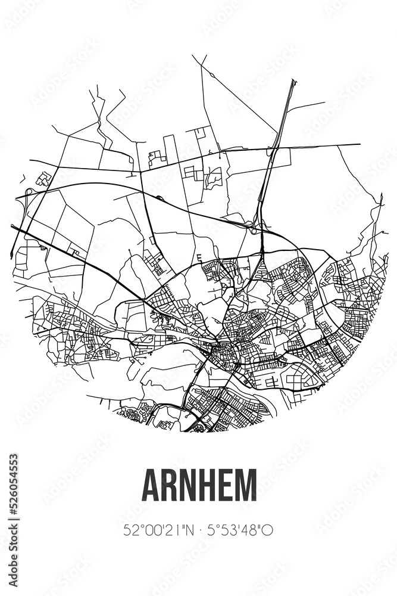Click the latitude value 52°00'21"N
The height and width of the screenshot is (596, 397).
click(154, 530)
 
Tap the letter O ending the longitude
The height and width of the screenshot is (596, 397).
click(268, 530)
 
